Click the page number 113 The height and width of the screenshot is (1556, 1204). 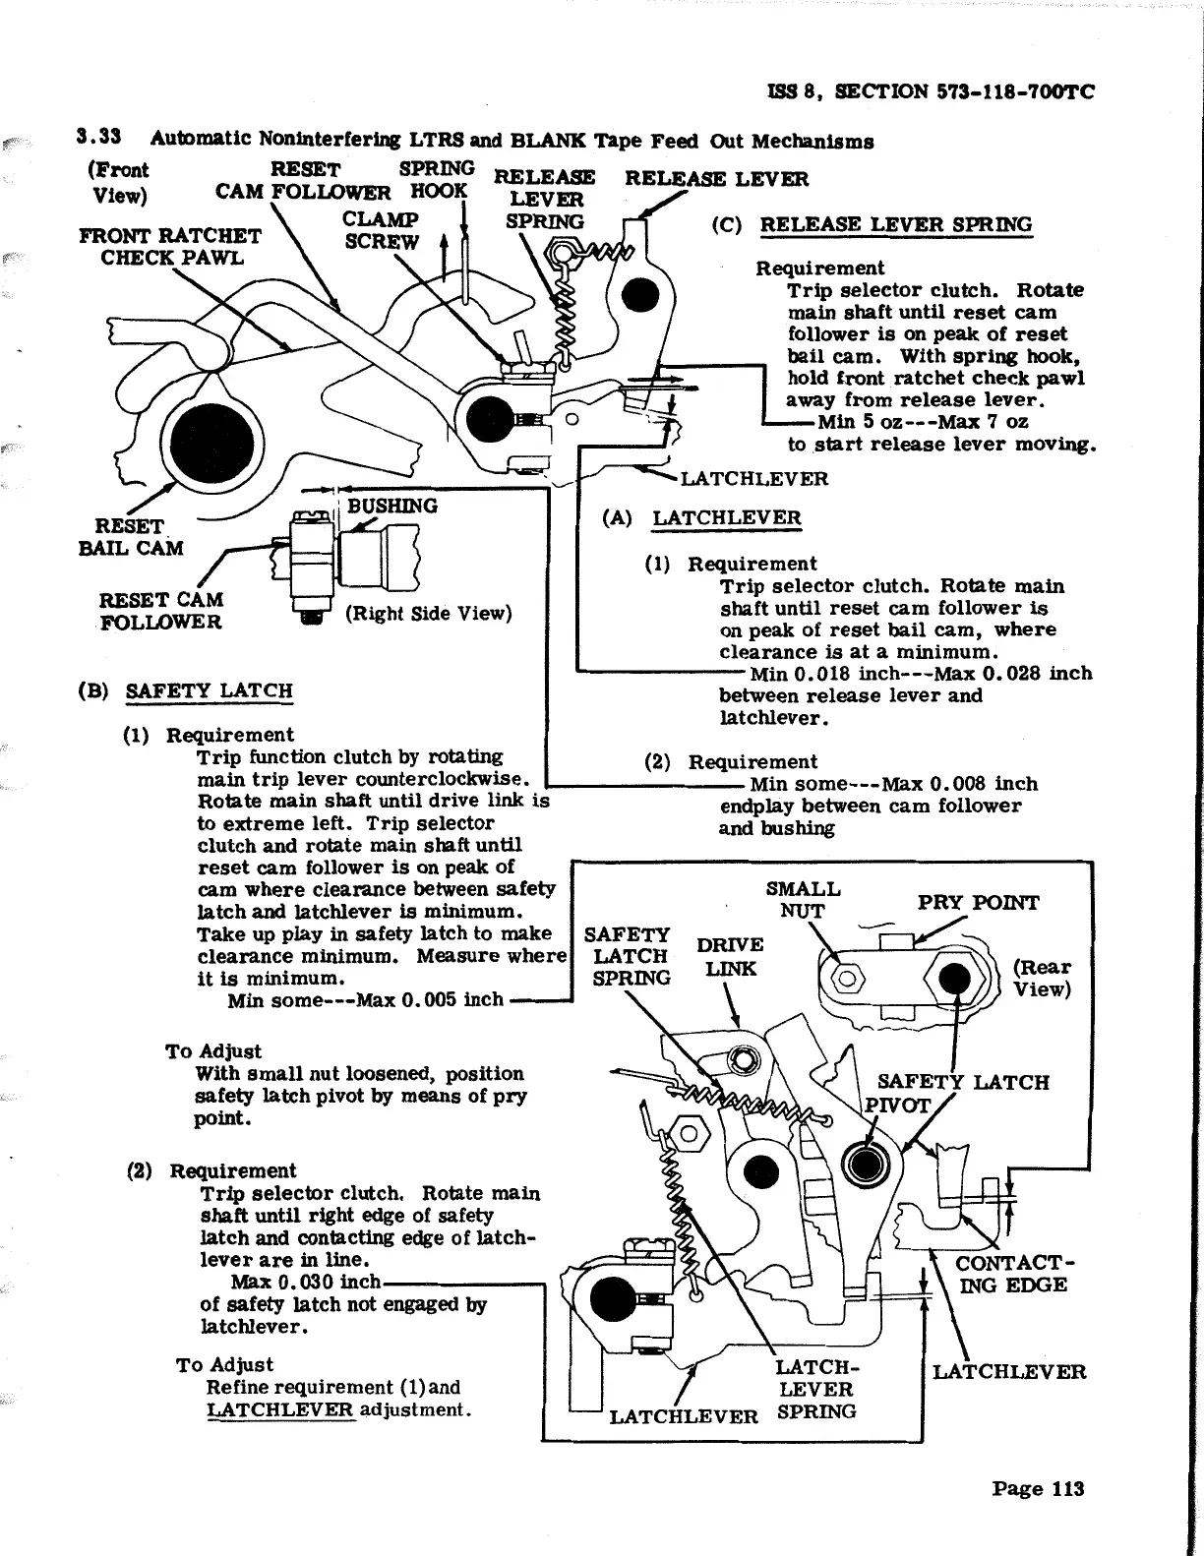1037,1488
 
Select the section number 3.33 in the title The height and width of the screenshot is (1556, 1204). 98,140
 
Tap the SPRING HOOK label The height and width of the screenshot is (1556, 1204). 438,179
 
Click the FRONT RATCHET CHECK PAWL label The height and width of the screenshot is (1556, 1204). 169,246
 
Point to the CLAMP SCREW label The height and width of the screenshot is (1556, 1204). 381,230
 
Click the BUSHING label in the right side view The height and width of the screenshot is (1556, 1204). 391,506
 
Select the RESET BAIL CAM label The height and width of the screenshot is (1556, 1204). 130,537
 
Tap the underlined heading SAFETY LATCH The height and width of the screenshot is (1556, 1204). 209,689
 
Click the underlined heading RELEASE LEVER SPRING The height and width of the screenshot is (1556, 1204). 895,224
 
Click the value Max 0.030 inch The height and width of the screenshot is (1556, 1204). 305,1283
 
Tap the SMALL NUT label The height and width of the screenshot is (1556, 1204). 803,899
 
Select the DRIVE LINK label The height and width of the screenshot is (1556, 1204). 730,956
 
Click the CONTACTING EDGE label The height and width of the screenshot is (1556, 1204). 1012,1274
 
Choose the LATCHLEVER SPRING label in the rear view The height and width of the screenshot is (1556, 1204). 815,1389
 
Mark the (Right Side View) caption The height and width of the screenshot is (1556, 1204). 429,614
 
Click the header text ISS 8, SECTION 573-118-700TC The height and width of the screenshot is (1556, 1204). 931,91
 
